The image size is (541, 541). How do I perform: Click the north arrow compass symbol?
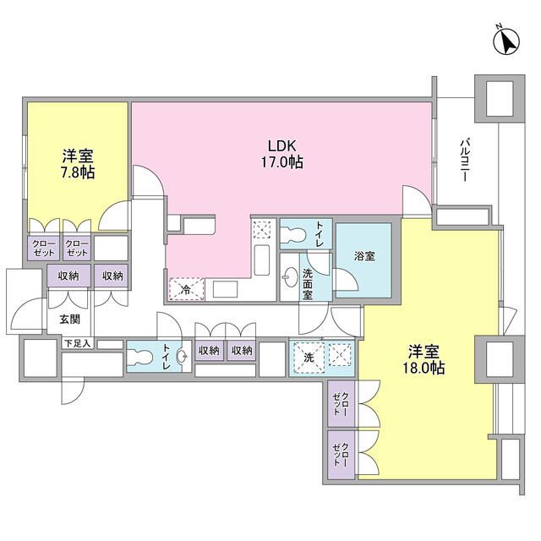pyautogui.click(x=507, y=41)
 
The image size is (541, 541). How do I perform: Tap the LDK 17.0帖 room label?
pyautogui.click(x=282, y=152)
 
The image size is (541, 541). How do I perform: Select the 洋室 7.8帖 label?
pyautogui.click(x=77, y=163)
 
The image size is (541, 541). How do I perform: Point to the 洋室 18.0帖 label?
pyautogui.click(x=426, y=360)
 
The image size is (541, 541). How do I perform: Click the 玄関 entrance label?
pyautogui.click(x=70, y=320)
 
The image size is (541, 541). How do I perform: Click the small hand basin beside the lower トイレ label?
pyautogui.click(x=182, y=357)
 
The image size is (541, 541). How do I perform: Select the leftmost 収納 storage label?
pyautogui.click(x=70, y=275)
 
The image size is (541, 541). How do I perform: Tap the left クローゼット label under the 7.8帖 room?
pyautogui.click(x=42, y=247)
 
